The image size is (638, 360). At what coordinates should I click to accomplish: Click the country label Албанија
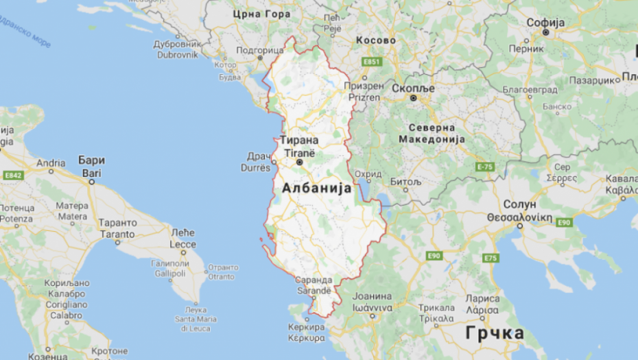[316, 188]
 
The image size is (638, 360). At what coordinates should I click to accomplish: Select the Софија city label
[545, 23]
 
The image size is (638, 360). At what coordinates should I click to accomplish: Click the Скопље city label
[414, 88]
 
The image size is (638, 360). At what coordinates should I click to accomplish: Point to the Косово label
[375, 40]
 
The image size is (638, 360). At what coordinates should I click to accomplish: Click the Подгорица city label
[260, 50]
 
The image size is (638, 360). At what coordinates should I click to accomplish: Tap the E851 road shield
[371, 62]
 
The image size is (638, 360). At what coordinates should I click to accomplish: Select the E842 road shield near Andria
[13, 176]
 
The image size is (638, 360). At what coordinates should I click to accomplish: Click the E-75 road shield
[485, 167]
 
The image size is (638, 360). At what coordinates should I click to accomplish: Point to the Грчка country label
[494, 333]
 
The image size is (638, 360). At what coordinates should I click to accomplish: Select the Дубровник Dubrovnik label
[176, 48]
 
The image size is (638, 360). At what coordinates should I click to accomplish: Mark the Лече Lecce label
[182, 237]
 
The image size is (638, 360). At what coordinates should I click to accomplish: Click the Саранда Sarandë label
[314, 285]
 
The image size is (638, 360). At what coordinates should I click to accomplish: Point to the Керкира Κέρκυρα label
[306, 333]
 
